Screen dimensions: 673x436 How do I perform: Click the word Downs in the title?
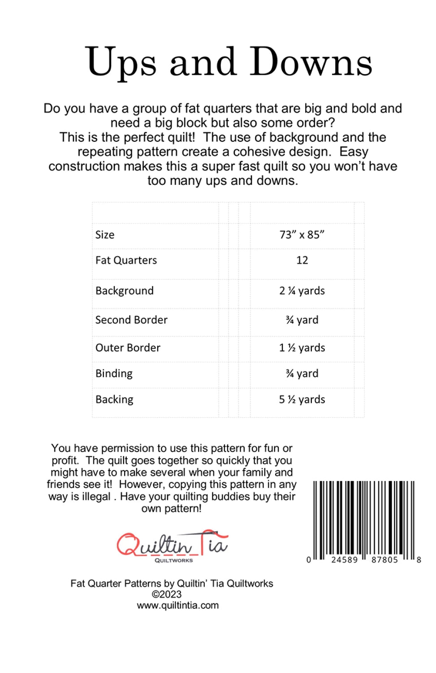[x=311, y=62]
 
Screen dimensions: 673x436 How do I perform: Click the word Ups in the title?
[x=121, y=63]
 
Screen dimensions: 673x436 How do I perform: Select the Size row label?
[x=105, y=235]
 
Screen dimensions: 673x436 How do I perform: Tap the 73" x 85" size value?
[x=302, y=235]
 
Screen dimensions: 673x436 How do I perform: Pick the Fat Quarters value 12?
[x=302, y=260]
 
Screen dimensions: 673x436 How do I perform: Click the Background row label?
[x=125, y=291]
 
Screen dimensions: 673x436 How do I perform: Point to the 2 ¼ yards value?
[x=302, y=291]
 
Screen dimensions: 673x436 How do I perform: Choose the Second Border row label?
[x=131, y=320]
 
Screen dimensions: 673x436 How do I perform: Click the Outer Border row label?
[x=128, y=348]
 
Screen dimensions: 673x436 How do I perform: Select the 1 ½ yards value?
[x=302, y=348]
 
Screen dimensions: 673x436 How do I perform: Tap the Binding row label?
[x=114, y=373]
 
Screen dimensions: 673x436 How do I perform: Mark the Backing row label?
[x=114, y=399]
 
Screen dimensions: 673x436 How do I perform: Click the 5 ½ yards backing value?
[x=302, y=399]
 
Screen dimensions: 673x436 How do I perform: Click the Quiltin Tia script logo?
[x=173, y=544]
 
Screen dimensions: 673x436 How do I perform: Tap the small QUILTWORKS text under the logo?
[x=174, y=560]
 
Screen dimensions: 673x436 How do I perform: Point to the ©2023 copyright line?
[x=167, y=594]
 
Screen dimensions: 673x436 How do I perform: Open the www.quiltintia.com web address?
[x=178, y=605]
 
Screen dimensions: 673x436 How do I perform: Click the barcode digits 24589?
[x=345, y=560]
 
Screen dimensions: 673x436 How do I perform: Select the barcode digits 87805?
[x=384, y=560]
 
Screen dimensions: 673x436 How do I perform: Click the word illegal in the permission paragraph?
[x=95, y=497]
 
